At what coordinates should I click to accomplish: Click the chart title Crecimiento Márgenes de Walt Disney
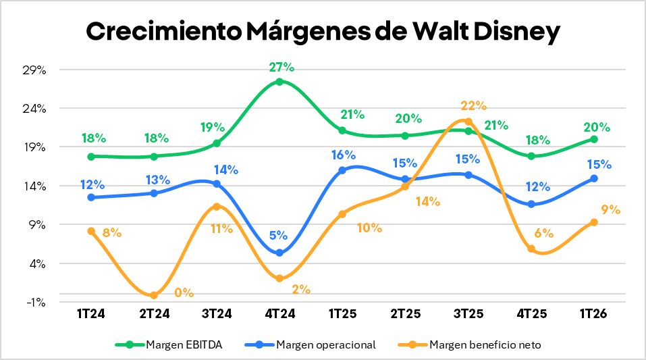click(x=323, y=32)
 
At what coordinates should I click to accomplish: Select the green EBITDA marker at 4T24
click(x=279, y=82)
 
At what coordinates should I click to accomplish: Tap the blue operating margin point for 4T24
click(x=279, y=253)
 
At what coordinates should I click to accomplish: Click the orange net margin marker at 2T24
click(x=154, y=295)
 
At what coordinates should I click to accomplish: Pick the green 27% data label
click(x=281, y=67)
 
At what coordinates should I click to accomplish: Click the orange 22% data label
click(x=473, y=105)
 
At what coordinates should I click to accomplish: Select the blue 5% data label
click(x=278, y=236)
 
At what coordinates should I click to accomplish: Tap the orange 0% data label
click(x=184, y=292)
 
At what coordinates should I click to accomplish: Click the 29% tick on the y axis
click(x=34, y=70)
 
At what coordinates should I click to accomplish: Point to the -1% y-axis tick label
click(x=35, y=302)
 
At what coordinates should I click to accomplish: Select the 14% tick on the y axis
click(x=34, y=186)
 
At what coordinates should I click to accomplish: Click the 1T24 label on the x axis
click(x=90, y=314)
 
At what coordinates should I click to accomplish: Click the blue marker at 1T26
click(x=594, y=178)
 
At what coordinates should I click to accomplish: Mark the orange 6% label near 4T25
click(x=543, y=234)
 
